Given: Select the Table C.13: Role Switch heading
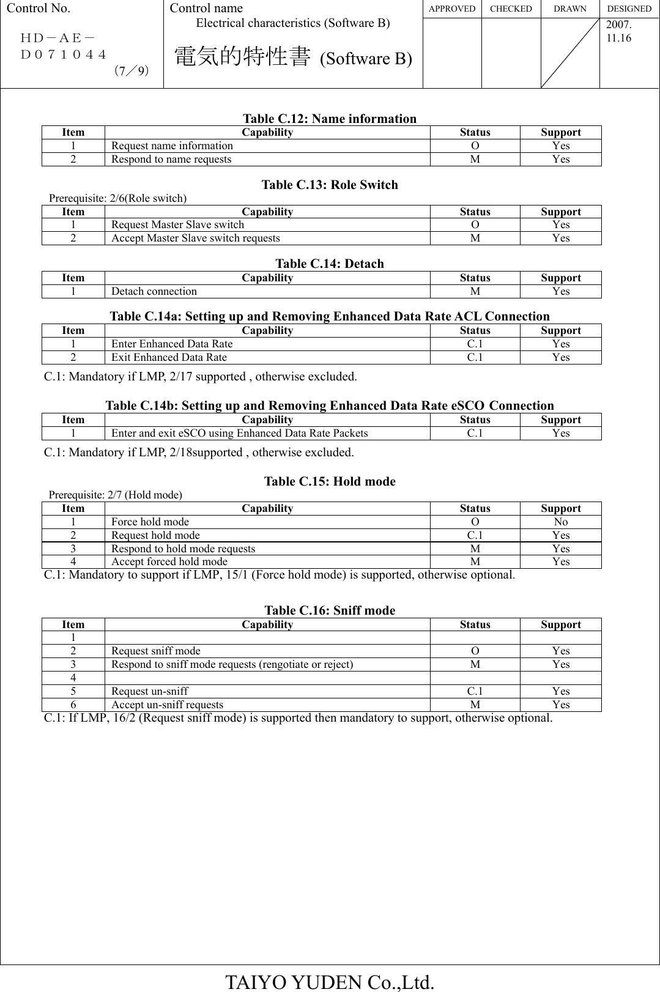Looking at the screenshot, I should point(330,185).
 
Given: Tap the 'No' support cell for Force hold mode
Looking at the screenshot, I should point(560,522).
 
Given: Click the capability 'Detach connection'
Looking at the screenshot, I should point(154,291).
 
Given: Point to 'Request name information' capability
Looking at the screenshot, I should point(172,146).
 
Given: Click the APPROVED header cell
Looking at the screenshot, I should point(452,9).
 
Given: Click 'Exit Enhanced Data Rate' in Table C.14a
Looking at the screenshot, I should point(169,357).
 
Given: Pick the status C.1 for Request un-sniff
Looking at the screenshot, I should point(475,691).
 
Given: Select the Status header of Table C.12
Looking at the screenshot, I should point(475,132).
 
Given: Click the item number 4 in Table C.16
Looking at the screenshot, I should point(73,678).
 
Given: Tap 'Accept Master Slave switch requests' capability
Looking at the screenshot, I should point(196,238).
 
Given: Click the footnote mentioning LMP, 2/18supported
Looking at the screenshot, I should point(199,453).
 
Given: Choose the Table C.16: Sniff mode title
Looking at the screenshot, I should point(330,610).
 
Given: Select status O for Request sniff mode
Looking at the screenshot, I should point(475,651).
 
